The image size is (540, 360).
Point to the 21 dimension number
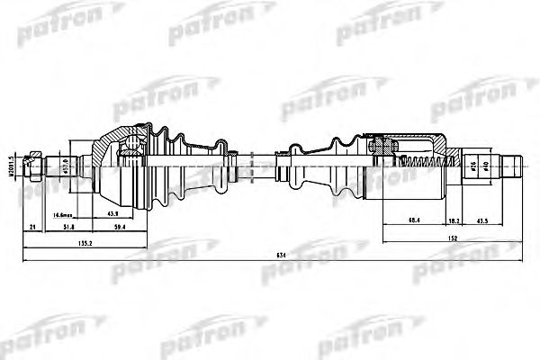pyautogui.click(x=32, y=227)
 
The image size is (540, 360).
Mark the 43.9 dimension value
pyautogui.click(x=115, y=214)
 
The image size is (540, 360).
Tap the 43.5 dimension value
pyautogui.click(x=483, y=220)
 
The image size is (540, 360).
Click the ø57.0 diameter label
pyautogui.click(x=67, y=165)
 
